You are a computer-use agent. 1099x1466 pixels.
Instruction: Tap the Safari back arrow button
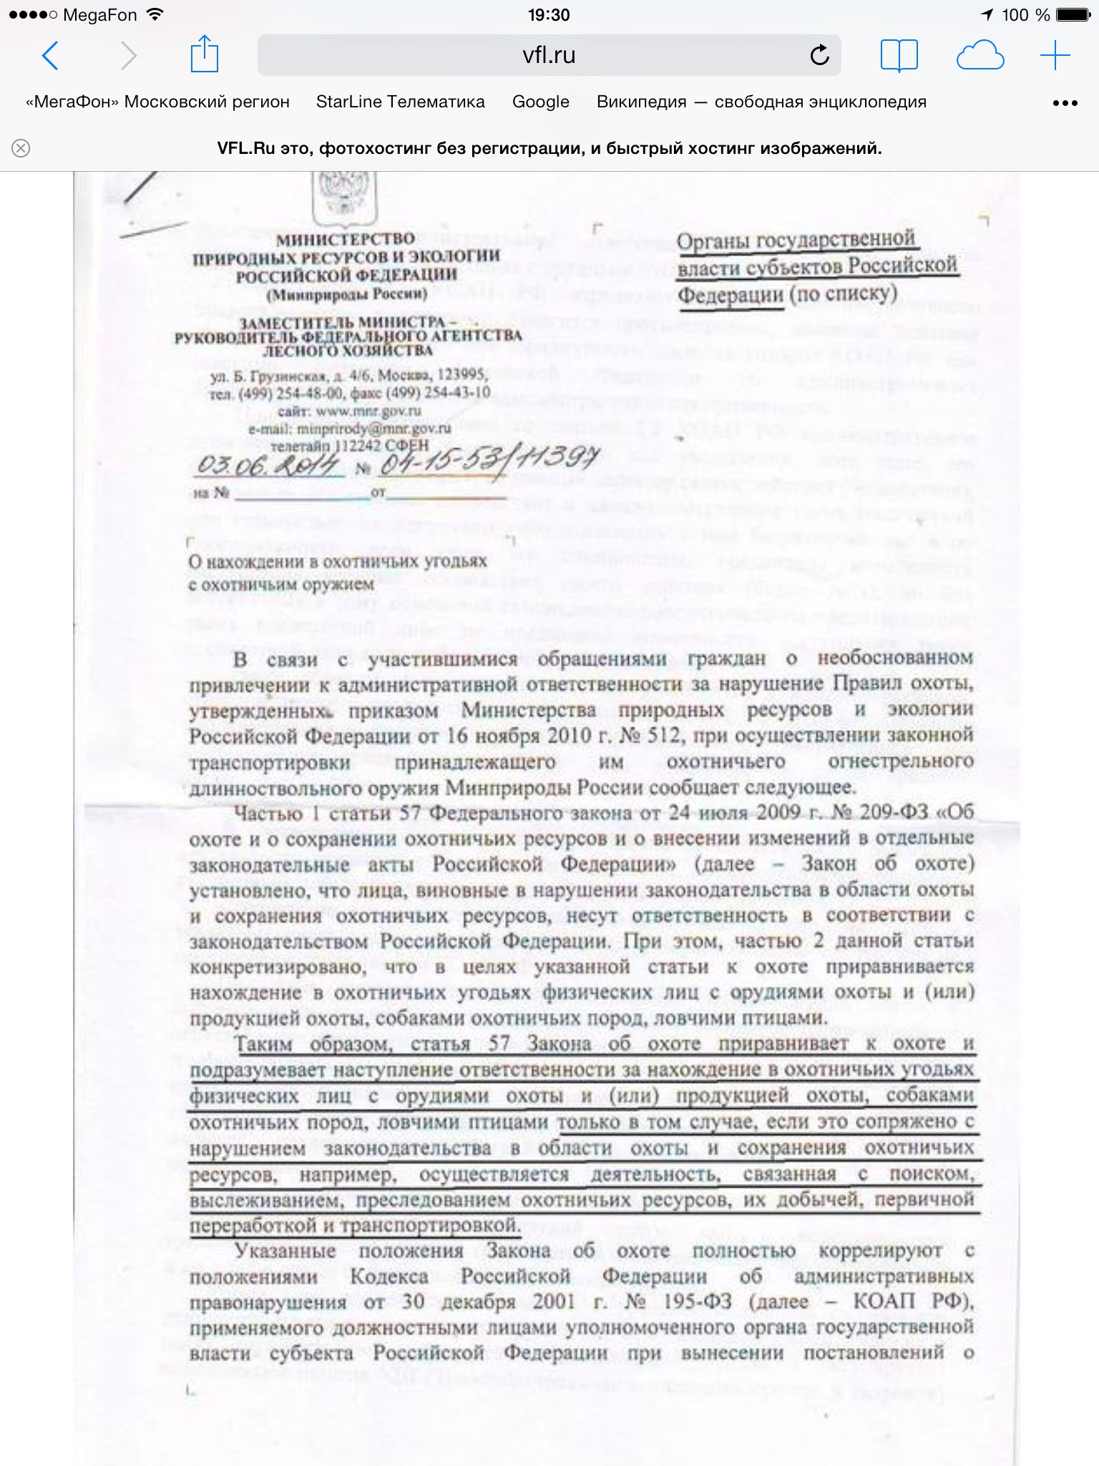(50, 55)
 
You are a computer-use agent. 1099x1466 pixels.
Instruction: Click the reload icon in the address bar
(819, 55)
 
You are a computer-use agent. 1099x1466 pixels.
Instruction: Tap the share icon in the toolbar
(204, 54)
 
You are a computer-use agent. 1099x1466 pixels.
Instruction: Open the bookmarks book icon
(899, 55)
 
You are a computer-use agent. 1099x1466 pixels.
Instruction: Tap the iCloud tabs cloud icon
(980, 55)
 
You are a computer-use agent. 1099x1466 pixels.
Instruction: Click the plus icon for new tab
(1055, 55)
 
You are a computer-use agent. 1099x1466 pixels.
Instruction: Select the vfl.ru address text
(549, 55)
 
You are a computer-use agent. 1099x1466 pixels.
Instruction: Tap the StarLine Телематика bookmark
(400, 102)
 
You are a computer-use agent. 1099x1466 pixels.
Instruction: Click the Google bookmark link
(540, 102)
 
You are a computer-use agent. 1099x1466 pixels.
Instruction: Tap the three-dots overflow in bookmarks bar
(1065, 103)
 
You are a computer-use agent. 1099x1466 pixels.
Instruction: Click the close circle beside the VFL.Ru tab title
(21, 148)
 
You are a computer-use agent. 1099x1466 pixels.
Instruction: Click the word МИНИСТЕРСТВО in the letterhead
(345, 239)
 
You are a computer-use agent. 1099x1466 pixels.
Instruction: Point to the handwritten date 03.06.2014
(268, 466)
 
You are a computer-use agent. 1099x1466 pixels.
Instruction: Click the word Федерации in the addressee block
(730, 295)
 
